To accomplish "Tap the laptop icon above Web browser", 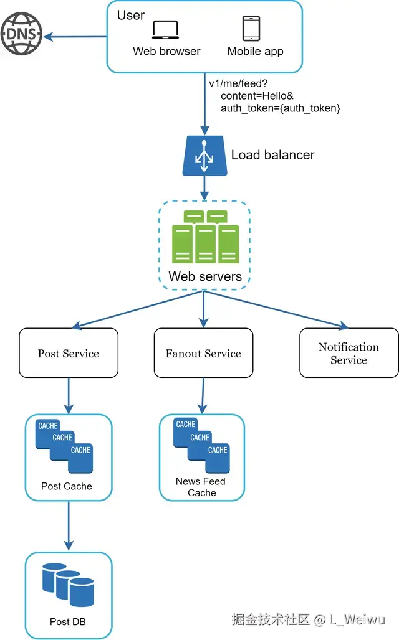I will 165,30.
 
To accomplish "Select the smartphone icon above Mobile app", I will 251,29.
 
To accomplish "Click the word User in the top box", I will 131,15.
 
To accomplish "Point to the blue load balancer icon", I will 203,155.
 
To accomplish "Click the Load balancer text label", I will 272,154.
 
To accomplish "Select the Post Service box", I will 69,353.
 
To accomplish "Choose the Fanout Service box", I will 203,353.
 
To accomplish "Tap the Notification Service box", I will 349,353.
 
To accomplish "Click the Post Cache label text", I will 67,486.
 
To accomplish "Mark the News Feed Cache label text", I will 201,487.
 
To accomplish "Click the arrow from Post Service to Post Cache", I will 68,395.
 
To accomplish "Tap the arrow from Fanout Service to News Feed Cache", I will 202,396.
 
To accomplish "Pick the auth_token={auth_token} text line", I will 280,108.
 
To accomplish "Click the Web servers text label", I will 205,276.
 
